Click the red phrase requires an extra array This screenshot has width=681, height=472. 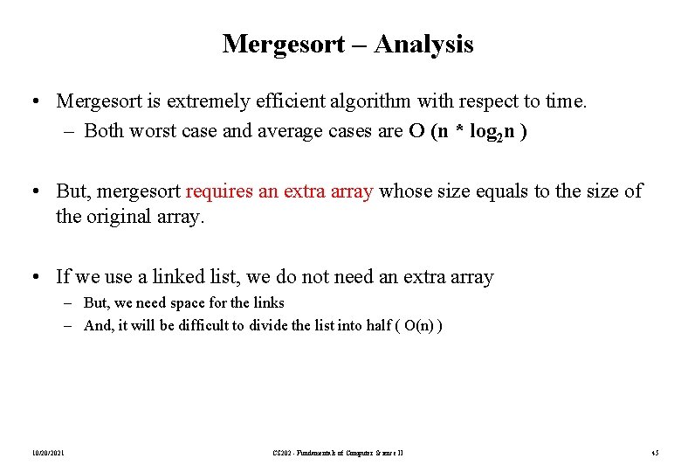[x=279, y=191]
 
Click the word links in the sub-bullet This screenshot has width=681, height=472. [x=266, y=302]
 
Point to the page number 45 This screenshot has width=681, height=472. [x=655, y=452]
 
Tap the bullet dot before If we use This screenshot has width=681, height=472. [x=33, y=277]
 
